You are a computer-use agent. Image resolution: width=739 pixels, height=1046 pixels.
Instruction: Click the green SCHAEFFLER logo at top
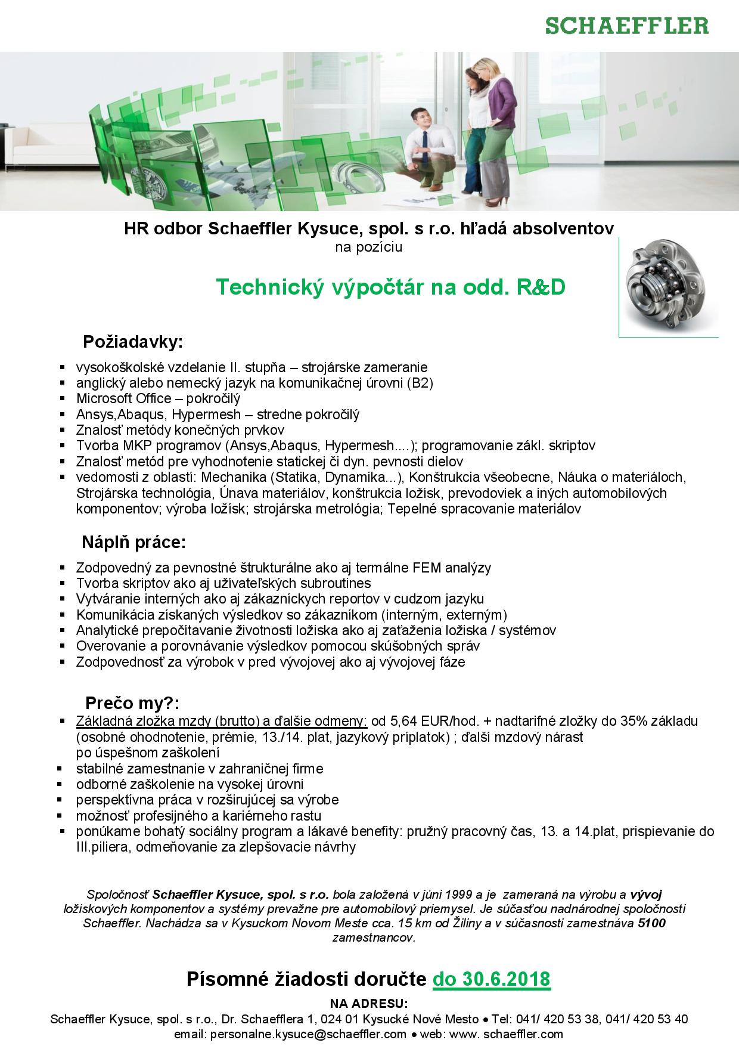coord(628,26)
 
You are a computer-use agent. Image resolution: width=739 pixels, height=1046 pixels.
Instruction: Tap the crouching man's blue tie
coord(425,143)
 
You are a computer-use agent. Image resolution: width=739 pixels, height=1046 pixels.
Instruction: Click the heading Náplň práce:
coord(134,543)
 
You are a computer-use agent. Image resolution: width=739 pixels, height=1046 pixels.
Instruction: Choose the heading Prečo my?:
coord(132,701)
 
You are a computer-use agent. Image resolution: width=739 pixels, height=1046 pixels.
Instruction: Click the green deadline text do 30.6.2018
coord(491,979)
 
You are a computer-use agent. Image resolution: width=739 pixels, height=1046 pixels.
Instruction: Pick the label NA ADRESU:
coord(369,1003)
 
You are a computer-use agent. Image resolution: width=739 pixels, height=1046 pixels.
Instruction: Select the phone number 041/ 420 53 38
coord(557,1019)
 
